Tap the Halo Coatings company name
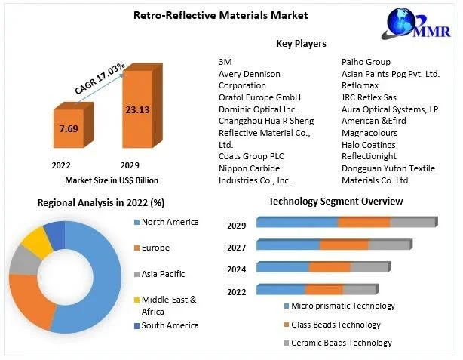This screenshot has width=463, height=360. coord(368,144)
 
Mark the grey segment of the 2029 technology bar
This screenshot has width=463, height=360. coord(412,222)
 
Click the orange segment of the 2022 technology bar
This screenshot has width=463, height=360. coord(323,290)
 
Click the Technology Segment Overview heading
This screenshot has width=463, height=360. coord(336,202)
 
